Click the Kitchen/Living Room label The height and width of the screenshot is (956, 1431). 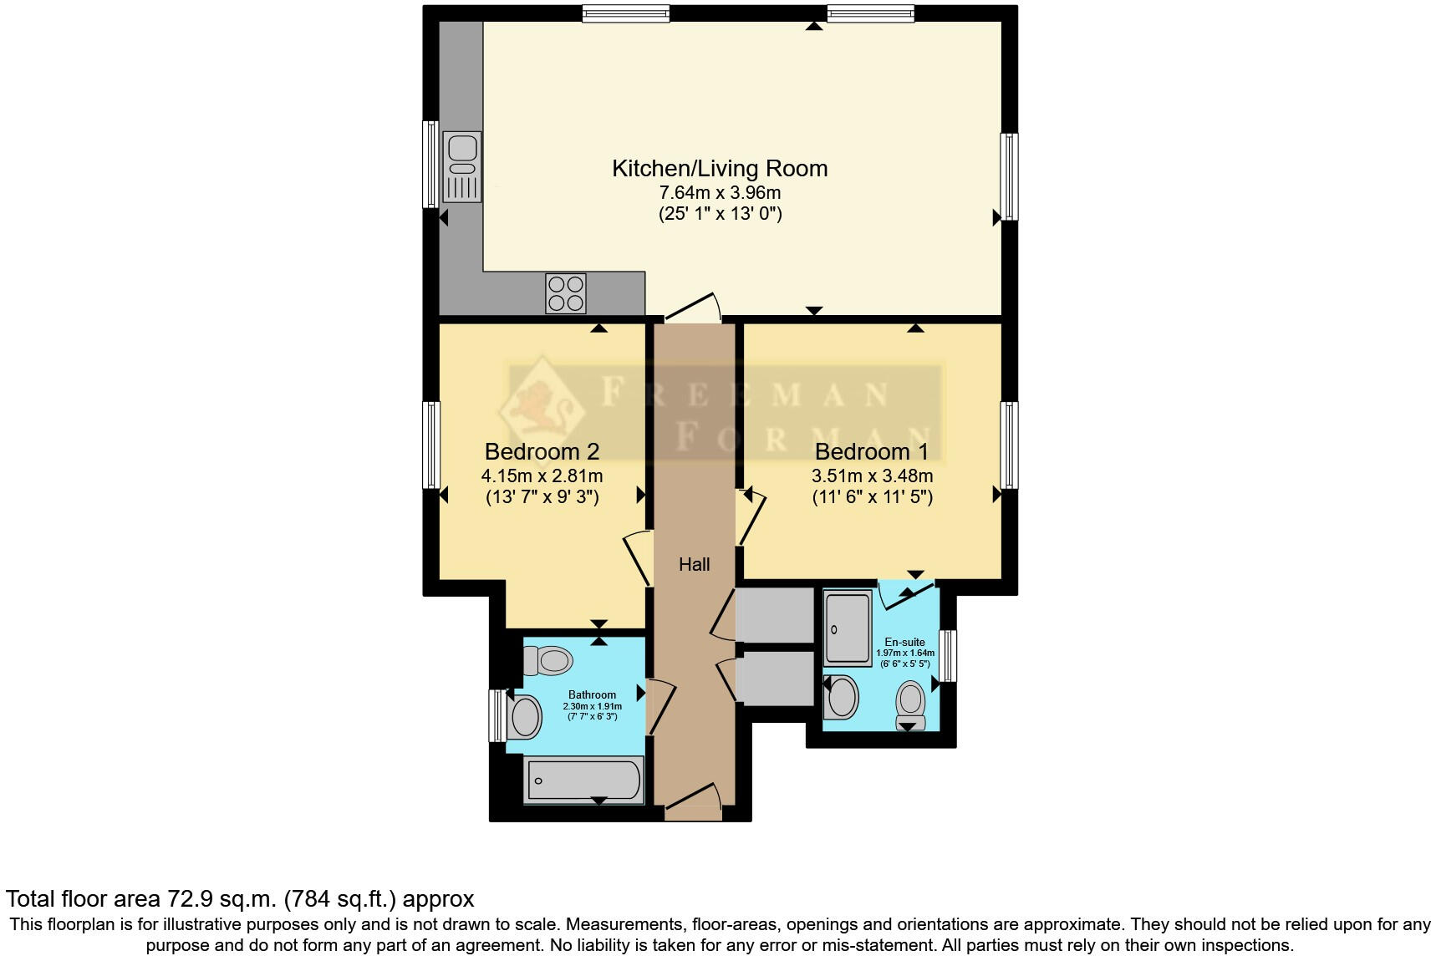click(x=720, y=168)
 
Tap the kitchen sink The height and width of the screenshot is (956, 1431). click(x=462, y=166)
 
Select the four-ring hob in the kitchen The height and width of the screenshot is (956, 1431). click(x=566, y=293)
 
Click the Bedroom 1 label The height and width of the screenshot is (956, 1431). click(x=871, y=452)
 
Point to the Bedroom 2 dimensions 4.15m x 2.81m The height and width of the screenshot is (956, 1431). click(x=542, y=475)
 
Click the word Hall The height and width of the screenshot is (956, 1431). click(x=694, y=565)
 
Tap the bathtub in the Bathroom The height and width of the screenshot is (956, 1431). click(x=583, y=781)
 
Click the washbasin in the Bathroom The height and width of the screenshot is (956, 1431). click(x=524, y=716)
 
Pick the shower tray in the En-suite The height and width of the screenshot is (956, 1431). click(x=848, y=628)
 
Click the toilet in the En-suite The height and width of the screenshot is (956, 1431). click(x=910, y=704)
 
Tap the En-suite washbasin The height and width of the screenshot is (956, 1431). click(x=842, y=697)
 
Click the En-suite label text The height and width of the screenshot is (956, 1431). click(x=904, y=642)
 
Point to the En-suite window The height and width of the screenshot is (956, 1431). click(x=948, y=655)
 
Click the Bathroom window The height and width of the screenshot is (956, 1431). click(x=496, y=714)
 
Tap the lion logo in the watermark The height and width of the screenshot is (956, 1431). click(x=542, y=407)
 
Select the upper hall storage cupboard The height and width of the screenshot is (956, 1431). click(x=775, y=615)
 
